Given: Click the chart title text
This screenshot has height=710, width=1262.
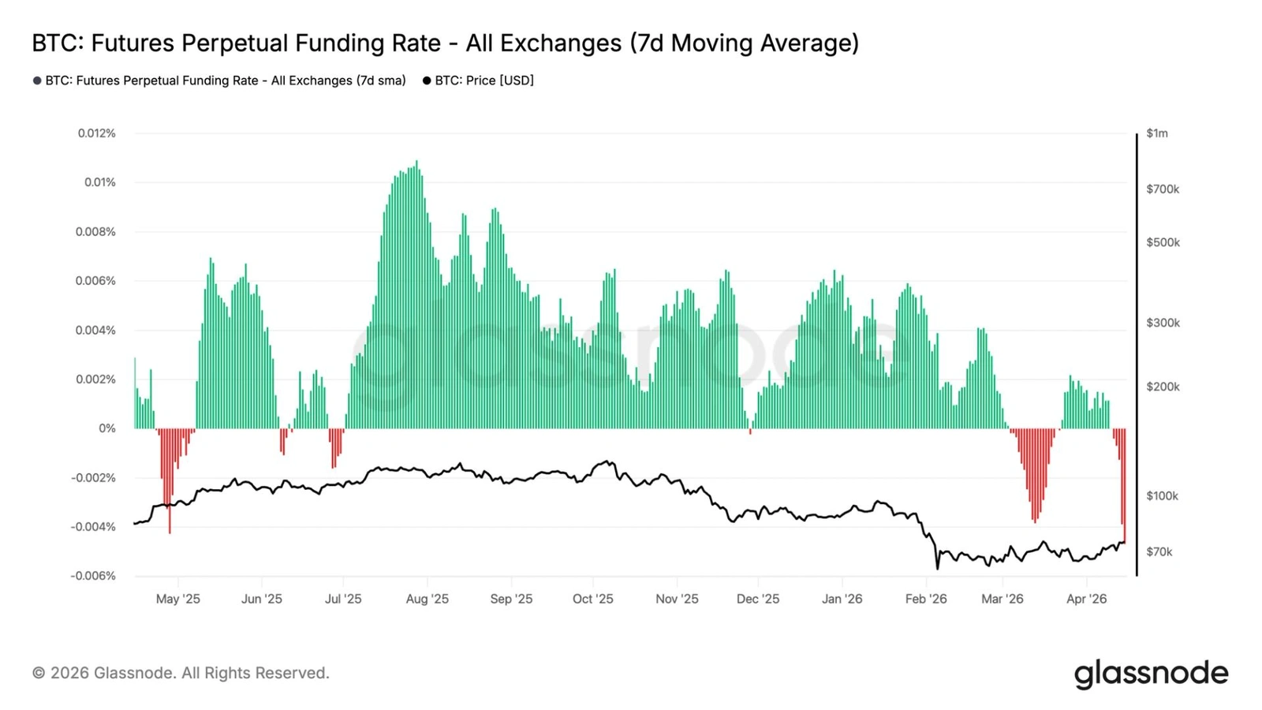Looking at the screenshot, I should (445, 43).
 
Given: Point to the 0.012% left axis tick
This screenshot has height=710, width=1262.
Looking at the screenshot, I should (96, 133).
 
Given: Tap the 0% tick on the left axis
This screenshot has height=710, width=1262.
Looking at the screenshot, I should (106, 428).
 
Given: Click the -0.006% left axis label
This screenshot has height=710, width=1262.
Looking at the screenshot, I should (93, 576).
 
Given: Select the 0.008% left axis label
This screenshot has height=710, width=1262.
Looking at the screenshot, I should (95, 232).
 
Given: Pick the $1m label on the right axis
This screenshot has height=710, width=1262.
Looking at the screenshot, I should (1157, 133).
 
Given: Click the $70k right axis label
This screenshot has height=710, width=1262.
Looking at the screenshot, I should (1159, 551).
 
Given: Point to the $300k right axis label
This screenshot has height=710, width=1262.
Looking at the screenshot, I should (1163, 323).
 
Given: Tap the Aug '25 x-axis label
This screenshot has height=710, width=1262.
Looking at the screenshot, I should (427, 599).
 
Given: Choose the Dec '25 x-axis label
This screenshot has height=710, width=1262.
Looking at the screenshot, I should (757, 599).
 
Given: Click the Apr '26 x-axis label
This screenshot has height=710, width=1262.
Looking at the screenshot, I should (1086, 599).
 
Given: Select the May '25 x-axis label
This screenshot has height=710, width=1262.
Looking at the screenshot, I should (177, 599).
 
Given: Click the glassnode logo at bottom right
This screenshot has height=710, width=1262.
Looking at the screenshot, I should (1151, 674).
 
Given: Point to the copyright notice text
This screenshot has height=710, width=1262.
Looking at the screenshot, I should (181, 673).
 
